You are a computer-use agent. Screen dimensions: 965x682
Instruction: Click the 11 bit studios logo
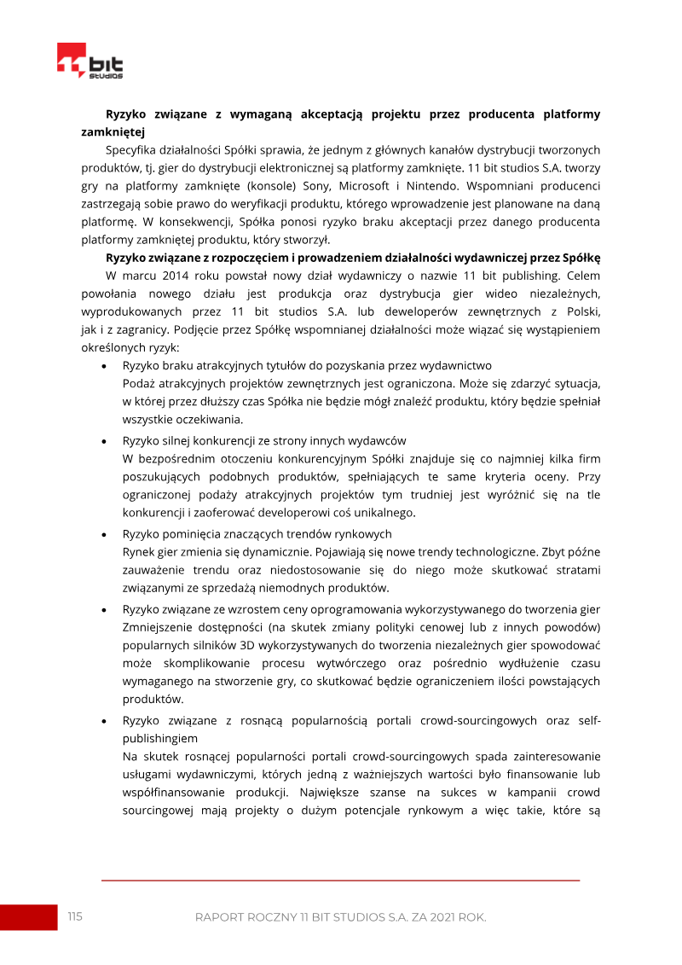(90, 62)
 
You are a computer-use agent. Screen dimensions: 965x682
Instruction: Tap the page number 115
(75, 916)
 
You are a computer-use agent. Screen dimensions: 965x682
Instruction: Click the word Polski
(581, 311)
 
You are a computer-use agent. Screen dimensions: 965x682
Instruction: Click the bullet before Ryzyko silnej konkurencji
(104, 441)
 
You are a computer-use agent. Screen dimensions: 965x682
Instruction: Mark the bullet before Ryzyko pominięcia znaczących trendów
(104, 534)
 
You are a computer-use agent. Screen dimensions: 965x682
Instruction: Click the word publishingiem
(160, 737)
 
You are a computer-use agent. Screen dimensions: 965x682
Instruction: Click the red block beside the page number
(28, 917)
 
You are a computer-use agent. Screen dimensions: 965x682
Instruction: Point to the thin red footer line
(340, 880)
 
